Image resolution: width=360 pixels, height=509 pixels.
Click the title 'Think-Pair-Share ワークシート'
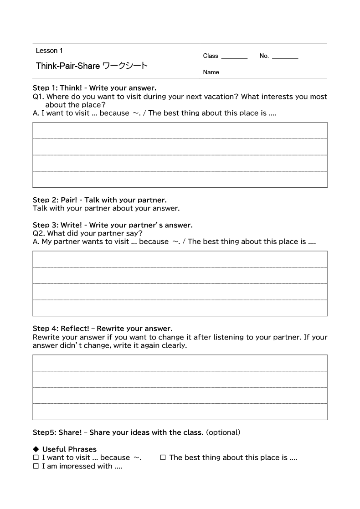(x=92, y=66)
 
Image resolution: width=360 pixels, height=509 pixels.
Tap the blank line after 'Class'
(x=234, y=57)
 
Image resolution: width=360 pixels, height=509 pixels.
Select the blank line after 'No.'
(x=285, y=57)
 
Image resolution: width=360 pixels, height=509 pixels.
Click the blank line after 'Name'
(x=260, y=72)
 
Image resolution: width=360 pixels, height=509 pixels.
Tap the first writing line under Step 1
(x=180, y=130)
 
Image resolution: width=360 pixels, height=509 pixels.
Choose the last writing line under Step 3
(x=180, y=308)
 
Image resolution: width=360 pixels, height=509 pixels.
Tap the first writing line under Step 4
(x=180, y=363)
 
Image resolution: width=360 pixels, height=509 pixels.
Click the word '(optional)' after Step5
(x=223, y=432)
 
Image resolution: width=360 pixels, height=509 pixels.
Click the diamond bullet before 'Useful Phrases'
(x=36, y=449)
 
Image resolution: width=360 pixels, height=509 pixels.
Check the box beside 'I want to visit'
(x=36, y=458)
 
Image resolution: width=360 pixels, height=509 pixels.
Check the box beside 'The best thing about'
(x=163, y=458)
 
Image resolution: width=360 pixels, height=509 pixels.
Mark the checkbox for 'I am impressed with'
(x=36, y=467)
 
